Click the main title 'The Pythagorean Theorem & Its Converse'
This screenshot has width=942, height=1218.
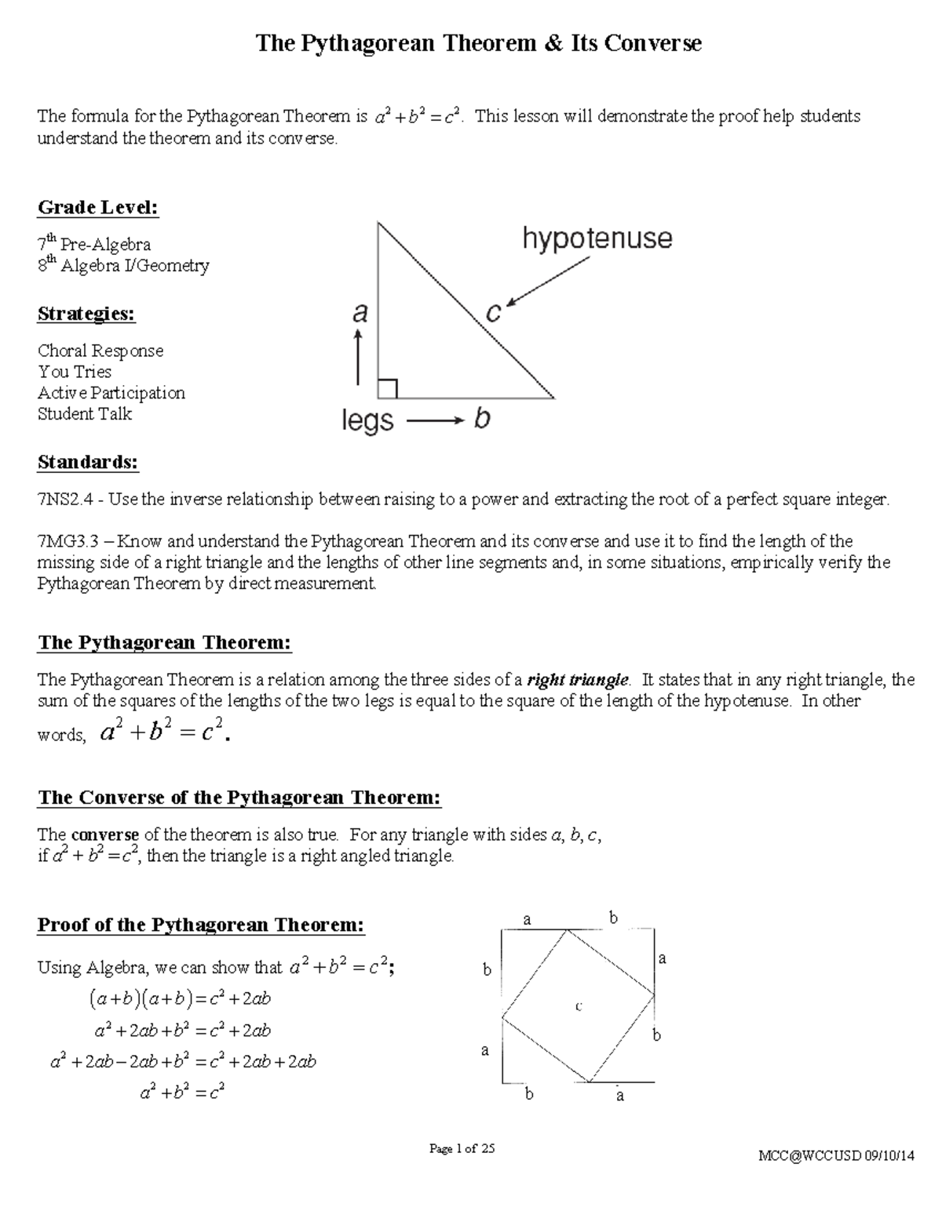click(x=478, y=43)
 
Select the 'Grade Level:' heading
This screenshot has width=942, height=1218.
click(x=98, y=208)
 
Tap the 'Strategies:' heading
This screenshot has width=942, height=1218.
click(x=86, y=314)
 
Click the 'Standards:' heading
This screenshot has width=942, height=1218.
click(x=88, y=463)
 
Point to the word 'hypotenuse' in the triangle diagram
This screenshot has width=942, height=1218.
click(x=597, y=239)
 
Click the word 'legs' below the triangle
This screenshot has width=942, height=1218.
click(x=367, y=421)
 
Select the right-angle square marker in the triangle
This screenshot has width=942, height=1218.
click(x=388, y=388)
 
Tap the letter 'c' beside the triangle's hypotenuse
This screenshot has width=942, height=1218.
click(x=493, y=313)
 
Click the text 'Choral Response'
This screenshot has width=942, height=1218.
click(x=100, y=351)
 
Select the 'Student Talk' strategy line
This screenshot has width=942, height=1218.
click(x=85, y=414)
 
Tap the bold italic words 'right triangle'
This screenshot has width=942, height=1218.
click(x=578, y=680)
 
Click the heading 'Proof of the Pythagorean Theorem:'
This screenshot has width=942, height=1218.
click(x=201, y=925)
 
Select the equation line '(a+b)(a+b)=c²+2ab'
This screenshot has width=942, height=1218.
click(x=180, y=999)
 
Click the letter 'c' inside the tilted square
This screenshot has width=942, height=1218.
click(x=579, y=1006)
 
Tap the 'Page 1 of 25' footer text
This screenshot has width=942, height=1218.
click(x=462, y=1149)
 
